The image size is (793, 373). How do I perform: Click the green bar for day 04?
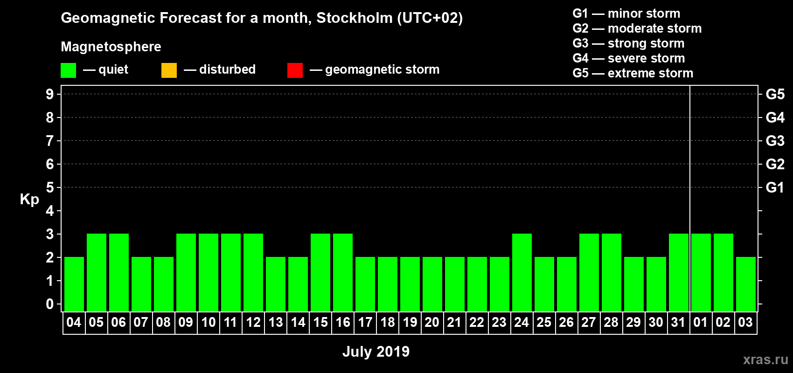click(x=74, y=284)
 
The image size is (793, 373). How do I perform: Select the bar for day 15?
click(x=320, y=272)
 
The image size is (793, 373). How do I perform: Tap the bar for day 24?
click(x=522, y=272)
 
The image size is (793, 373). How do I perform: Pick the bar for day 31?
click(x=679, y=272)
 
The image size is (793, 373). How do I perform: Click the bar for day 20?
click(x=432, y=284)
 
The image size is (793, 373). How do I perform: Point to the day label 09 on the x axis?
click(x=186, y=322)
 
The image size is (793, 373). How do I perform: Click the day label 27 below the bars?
click(x=589, y=322)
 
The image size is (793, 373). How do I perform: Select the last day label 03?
click(x=745, y=322)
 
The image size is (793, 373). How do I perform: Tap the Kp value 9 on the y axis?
click(x=50, y=94)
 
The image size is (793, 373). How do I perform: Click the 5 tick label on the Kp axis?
click(x=50, y=187)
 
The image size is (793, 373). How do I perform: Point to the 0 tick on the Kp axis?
click(x=50, y=304)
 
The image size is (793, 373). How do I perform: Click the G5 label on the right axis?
click(x=775, y=94)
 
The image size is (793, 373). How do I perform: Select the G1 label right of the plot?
click(x=775, y=187)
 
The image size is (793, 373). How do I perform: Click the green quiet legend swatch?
click(x=68, y=70)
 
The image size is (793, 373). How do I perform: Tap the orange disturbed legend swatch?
click(x=169, y=70)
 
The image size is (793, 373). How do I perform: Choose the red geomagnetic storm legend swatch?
click(x=295, y=70)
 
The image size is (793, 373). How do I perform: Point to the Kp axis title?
click(x=29, y=200)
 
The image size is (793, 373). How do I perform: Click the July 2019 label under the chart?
click(x=376, y=352)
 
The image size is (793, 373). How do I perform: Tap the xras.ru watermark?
click(x=765, y=359)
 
